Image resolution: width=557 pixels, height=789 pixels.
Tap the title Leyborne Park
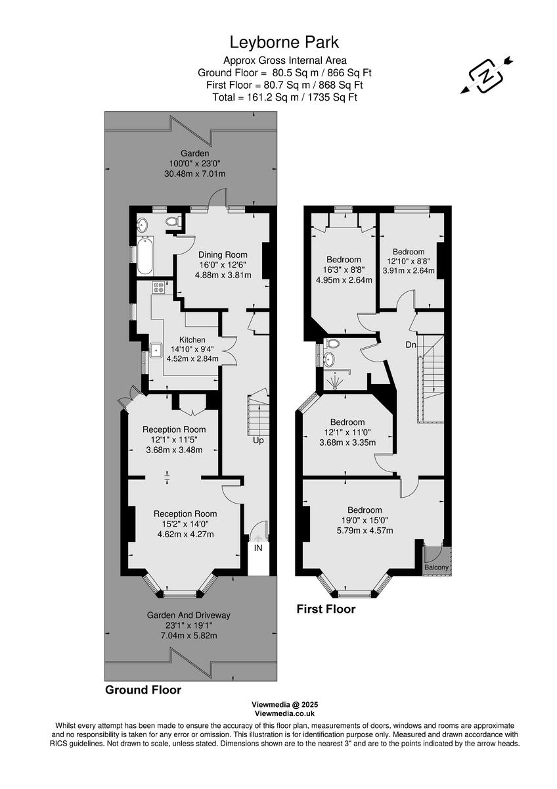click(x=284, y=43)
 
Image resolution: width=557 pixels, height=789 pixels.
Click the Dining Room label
click(x=223, y=255)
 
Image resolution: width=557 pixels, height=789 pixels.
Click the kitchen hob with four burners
click(x=158, y=287)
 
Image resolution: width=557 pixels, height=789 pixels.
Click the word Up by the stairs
click(x=258, y=440)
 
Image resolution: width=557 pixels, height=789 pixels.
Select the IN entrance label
click(x=258, y=548)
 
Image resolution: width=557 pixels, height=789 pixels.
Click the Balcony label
click(x=436, y=567)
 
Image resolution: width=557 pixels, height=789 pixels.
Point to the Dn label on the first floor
click(x=411, y=345)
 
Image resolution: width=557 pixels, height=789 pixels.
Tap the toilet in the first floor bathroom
click(x=332, y=344)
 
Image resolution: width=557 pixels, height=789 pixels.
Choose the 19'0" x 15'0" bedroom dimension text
click(x=365, y=521)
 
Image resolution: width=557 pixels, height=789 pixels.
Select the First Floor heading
click(x=326, y=610)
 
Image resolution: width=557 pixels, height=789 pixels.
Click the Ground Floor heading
click(x=143, y=690)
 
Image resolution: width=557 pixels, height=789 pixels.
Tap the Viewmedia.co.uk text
click(x=284, y=713)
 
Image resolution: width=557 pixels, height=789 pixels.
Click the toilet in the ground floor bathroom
click(x=173, y=222)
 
